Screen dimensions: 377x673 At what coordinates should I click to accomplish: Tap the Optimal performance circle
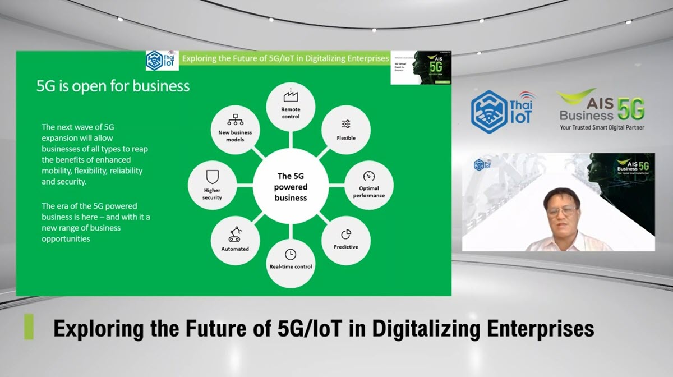[x=368, y=185]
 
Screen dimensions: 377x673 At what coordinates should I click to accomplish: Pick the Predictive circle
[x=345, y=240]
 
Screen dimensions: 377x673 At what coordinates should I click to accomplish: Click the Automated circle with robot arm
[x=235, y=240]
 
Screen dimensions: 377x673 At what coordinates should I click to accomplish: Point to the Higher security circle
[x=212, y=185]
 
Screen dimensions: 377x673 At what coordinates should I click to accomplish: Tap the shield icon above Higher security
[x=212, y=178]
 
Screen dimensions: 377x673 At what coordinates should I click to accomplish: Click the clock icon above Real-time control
[x=290, y=254]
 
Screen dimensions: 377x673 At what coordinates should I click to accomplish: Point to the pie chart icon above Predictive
[x=346, y=233]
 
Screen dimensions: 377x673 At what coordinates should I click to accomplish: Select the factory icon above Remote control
[x=291, y=96]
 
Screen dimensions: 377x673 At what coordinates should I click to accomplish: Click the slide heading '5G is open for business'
[x=113, y=86]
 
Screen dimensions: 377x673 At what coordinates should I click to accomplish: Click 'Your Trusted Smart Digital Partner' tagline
[x=602, y=128]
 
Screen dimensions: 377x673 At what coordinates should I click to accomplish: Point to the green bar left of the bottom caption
[x=29, y=327]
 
